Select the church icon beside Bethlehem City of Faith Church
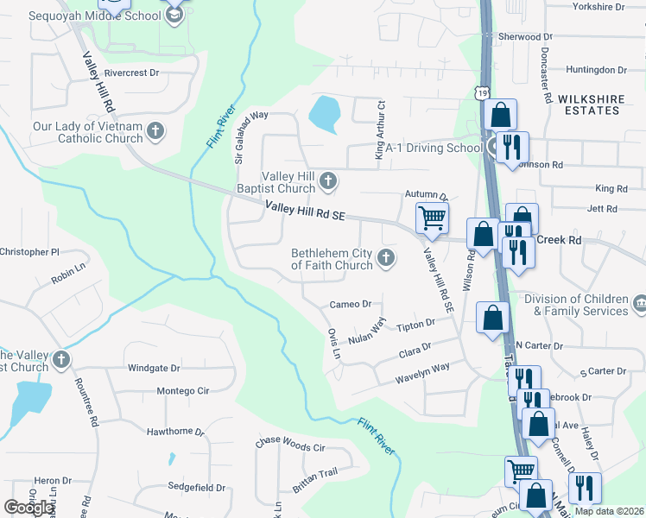coord(387,257)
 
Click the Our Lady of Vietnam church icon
coord(155,131)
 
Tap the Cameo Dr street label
coord(350,304)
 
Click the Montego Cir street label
coord(183,391)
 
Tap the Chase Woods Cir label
coord(289,447)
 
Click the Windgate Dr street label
coord(154,368)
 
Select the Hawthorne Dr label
coord(175,431)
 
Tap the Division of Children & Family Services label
coord(575,305)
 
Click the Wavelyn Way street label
coord(422,373)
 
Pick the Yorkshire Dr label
coord(598,6)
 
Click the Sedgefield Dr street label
coord(197,488)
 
